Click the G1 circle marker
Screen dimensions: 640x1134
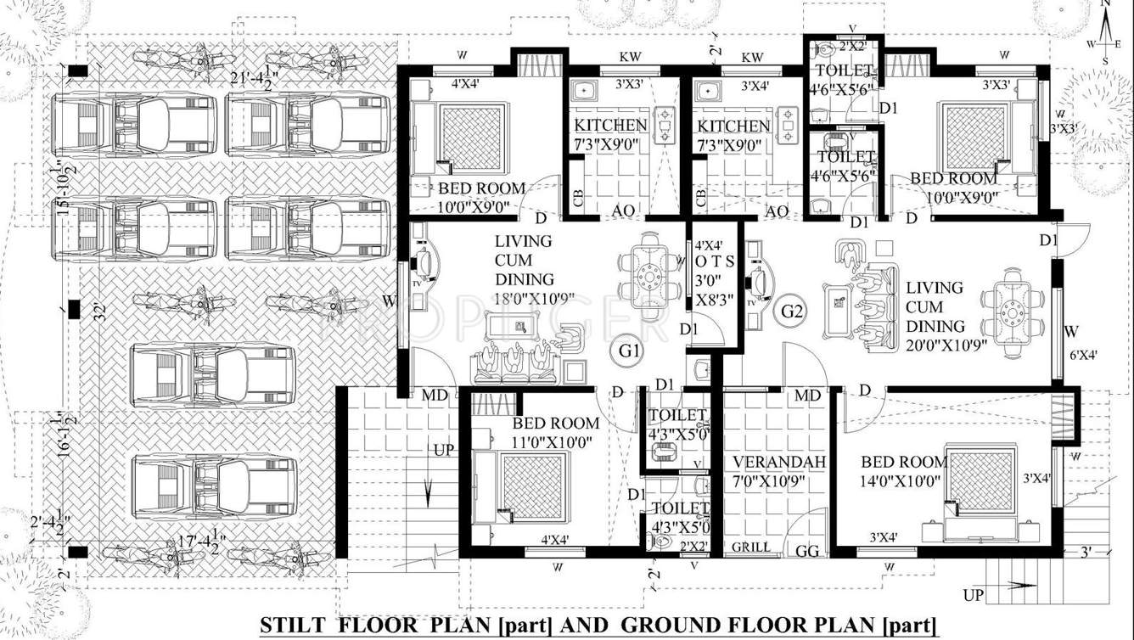pos(629,350)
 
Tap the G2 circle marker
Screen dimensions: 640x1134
pos(792,312)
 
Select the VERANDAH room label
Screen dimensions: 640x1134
pos(768,462)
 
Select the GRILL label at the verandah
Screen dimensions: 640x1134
pos(751,547)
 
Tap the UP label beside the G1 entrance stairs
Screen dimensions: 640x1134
pos(443,450)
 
